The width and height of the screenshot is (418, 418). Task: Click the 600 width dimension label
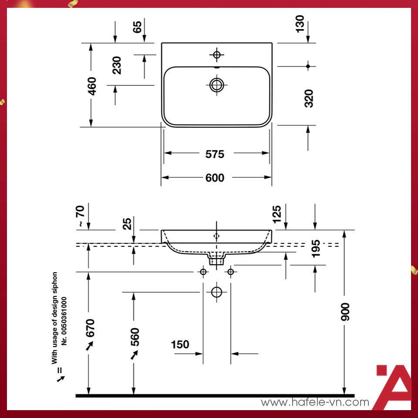point(215,178)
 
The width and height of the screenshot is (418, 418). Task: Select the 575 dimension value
point(215,154)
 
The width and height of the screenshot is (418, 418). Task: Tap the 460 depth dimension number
point(92,86)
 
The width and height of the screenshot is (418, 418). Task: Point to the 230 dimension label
point(117,65)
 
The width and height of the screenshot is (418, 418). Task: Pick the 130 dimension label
point(300,24)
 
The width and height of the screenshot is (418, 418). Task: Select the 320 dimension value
point(309,98)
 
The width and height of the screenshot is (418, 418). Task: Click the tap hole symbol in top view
point(216,54)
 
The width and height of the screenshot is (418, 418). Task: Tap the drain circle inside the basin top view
point(216,84)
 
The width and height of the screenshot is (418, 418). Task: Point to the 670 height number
point(90,328)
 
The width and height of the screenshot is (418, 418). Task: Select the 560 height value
point(135,337)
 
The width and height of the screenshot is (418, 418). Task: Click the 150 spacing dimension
point(180,345)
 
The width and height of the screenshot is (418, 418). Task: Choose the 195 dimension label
point(316,248)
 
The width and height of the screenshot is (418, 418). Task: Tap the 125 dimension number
point(277,213)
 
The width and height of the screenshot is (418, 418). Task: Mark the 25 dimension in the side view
point(127,224)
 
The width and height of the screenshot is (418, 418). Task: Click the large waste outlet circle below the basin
point(216,292)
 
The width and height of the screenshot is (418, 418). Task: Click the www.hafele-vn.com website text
point(315,403)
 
